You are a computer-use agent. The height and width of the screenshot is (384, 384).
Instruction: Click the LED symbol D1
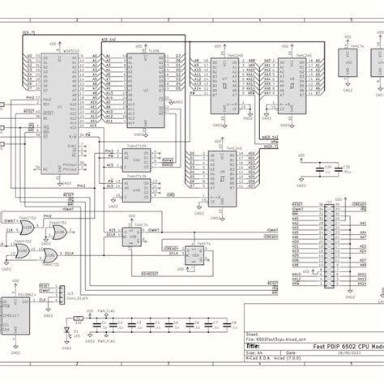pos(66,332)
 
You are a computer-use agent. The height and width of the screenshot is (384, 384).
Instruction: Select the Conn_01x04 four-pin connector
pos(65,293)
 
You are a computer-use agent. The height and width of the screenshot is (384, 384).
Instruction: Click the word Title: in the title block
pos(254,345)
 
